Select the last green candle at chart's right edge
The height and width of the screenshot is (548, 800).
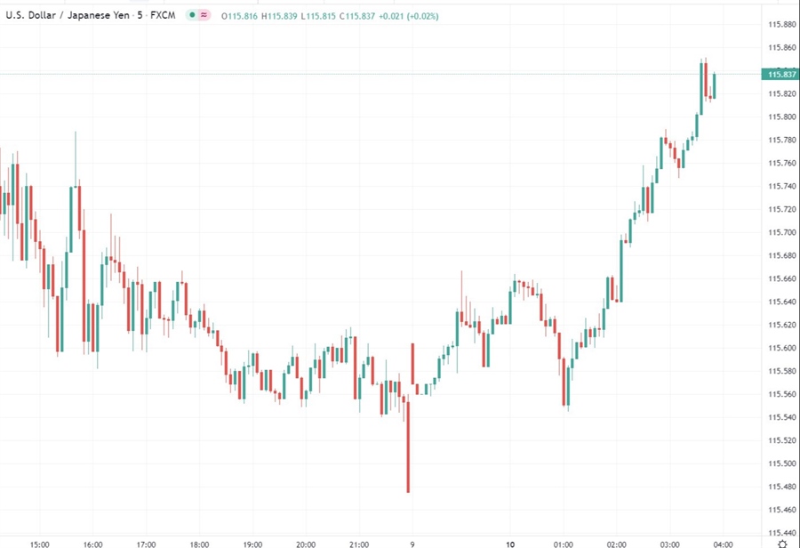tap(714, 86)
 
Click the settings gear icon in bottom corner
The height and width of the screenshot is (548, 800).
tap(781, 542)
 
